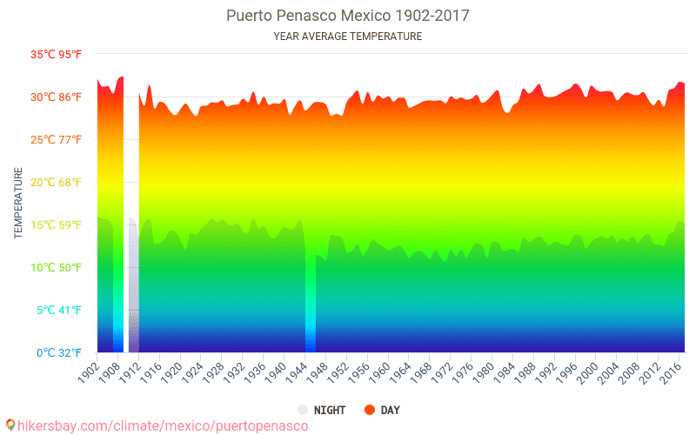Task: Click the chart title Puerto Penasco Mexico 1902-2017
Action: coord(348,16)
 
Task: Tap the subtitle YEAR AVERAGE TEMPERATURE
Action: coord(348,37)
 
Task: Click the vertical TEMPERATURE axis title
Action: coord(18,204)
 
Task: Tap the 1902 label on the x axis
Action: coord(87,371)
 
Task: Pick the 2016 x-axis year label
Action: coord(670,371)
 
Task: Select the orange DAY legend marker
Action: coord(369,410)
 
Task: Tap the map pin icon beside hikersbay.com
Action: coord(10,425)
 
